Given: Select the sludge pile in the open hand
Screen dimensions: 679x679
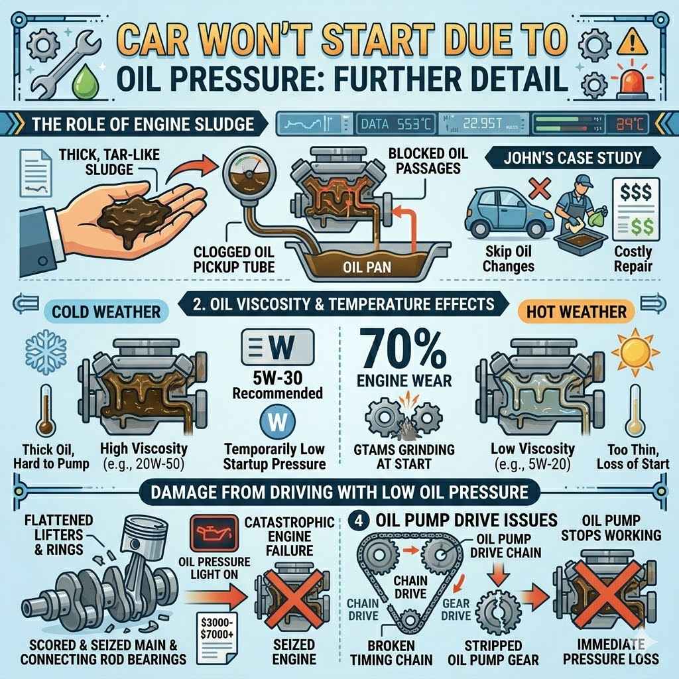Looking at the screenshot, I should click(130, 207).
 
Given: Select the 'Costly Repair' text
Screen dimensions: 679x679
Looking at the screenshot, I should click(633, 259).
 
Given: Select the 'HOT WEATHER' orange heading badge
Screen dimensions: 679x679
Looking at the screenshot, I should click(576, 310).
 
